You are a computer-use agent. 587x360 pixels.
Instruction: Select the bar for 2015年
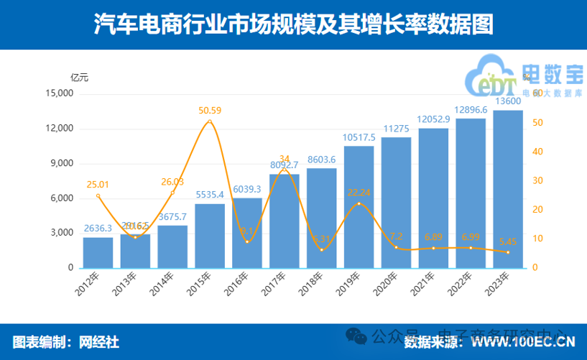pos(209,236)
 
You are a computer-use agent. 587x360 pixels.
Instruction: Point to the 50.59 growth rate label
pos(210,110)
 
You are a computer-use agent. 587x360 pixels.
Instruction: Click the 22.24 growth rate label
pos(359,193)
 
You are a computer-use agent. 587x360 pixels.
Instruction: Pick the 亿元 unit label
pos(79,77)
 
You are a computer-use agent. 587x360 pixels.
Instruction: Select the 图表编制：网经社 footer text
pos(66,341)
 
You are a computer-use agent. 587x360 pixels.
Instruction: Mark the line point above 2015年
pos(209,121)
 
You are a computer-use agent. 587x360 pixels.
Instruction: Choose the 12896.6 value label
pos(471,109)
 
